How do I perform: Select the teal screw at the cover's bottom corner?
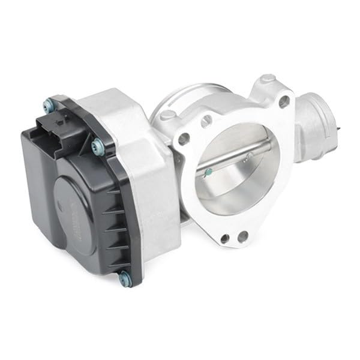(125, 277)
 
